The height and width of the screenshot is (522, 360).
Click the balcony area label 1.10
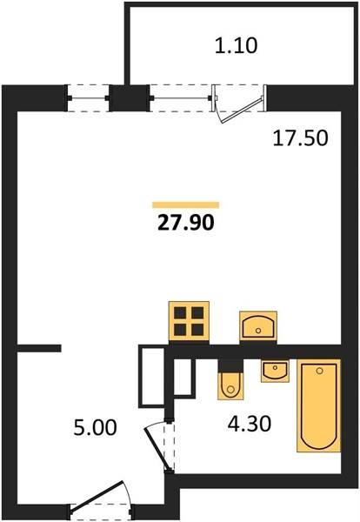(236, 45)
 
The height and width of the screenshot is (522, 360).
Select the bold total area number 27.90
(186, 223)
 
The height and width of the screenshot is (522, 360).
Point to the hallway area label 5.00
(95, 427)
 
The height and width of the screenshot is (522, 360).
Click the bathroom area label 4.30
(250, 424)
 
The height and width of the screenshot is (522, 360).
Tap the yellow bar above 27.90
(186, 204)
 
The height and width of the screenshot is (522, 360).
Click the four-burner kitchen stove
(189, 321)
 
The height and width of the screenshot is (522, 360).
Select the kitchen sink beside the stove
(258, 326)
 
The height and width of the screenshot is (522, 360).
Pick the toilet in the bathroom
(230, 380)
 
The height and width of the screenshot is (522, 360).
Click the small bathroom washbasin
(275, 371)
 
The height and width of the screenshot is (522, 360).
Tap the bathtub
(319, 405)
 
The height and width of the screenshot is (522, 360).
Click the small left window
(89, 98)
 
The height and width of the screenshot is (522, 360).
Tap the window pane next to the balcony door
(182, 98)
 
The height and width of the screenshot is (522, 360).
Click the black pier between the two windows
(130, 98)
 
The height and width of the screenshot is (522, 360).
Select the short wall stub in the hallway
(39, 348)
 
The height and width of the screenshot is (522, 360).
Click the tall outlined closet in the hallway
(151, 377)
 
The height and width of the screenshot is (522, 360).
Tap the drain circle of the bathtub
(320, 371)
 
